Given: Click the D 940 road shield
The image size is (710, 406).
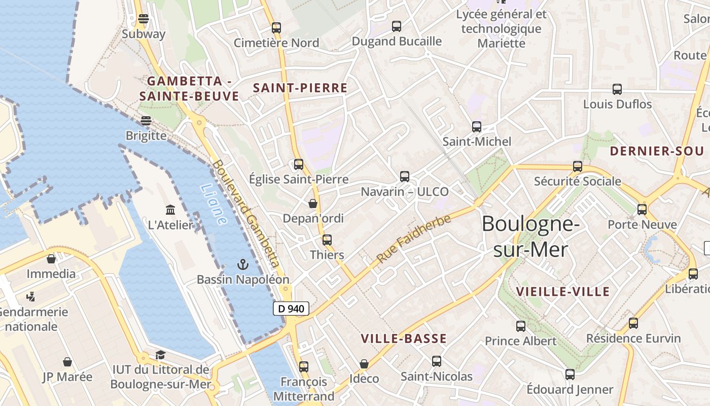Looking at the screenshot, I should pos(291,308).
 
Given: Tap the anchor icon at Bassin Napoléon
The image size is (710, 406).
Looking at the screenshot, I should pos(243,264).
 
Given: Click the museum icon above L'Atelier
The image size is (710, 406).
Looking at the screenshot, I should pos(170,210).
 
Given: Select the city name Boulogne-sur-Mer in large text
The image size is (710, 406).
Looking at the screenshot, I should pos(530,236).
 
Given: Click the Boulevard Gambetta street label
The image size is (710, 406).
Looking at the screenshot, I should pos(246,214).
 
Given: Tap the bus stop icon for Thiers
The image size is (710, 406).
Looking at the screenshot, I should pos(327,240).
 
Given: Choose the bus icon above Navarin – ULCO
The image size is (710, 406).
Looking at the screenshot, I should pos(404,177).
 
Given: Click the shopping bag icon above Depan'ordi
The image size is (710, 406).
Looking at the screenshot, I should pos(313,204).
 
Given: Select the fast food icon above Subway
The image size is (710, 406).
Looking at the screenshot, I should pos(143,19).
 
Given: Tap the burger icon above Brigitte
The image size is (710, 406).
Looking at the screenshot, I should pos(146,121).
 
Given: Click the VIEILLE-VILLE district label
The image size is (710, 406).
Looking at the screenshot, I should pos(562,292).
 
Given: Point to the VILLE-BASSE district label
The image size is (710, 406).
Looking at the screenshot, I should pos(404,339).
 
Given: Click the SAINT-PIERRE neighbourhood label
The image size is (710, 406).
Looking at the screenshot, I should pos(300,88).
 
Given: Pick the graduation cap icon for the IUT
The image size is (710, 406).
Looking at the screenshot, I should pos(160,355).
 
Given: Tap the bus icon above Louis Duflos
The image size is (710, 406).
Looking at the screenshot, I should pos(617,89).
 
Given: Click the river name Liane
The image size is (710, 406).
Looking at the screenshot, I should pos(214,205).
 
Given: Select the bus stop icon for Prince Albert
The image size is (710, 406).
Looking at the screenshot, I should pos(521,326).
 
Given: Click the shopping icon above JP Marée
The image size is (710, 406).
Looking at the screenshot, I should pos(67,362).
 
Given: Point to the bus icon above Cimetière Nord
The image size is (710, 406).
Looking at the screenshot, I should pos(276,28).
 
